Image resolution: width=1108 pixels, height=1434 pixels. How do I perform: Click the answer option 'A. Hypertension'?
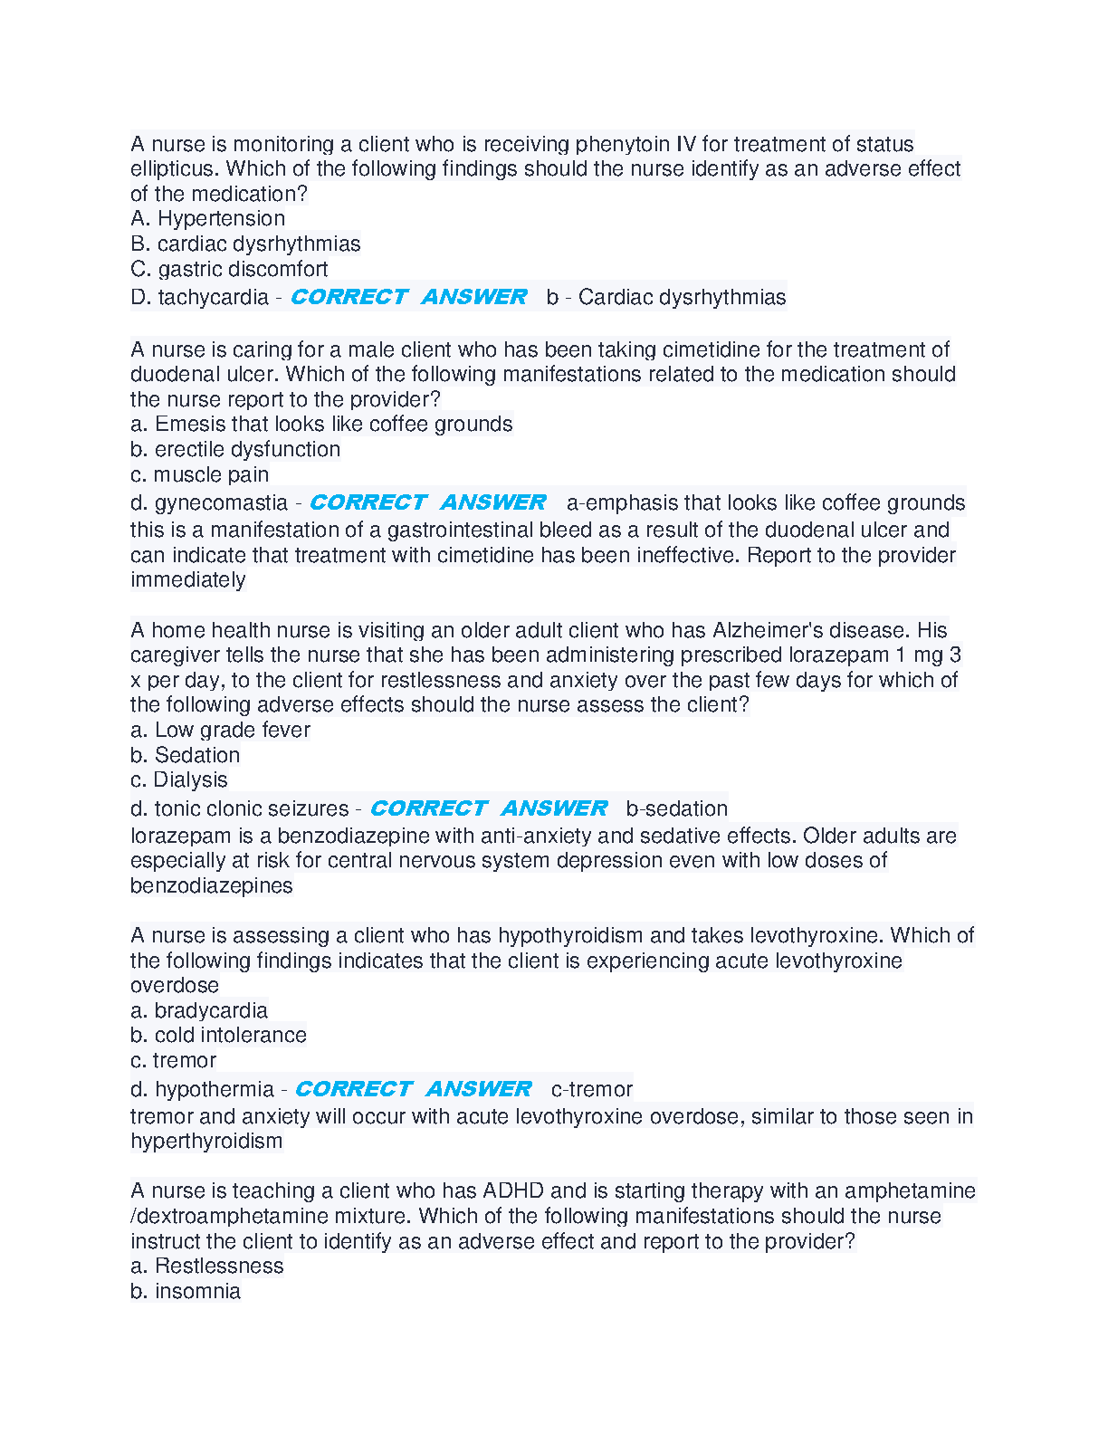pyautogui.click(x=207, y=219)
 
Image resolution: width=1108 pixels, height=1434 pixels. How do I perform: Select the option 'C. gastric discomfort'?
pyautogui.click(x=229, y=270)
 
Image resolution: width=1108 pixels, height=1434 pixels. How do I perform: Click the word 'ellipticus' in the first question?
pyautogui.click(x=174, y=169)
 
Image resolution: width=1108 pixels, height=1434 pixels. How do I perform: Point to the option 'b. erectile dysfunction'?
pyautogui.click(x=235, y=450)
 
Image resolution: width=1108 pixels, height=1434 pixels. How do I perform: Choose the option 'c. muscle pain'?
pyautogui.click(x=199, y=475)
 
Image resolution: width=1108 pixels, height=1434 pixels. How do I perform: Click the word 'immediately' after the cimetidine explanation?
pyautogui.click(x=187, y=580)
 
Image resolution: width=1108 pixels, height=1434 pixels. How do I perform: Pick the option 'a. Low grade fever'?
pyautogui.click(x=220, y=731)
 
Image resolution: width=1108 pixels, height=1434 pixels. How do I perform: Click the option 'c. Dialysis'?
pyautogui.click(x=179, y=780)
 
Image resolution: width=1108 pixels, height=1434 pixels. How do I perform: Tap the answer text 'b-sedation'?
pyautogui.click(x=677, y=809)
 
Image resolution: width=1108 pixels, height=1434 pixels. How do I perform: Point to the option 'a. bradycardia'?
pyautogui.click(x=199, y=1011)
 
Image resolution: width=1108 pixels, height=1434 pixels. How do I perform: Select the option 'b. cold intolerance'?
pyautogui.click(x=218, y=1036)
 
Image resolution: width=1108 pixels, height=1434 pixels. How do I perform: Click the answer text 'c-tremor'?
pyautogui.click(x=592, y=1090)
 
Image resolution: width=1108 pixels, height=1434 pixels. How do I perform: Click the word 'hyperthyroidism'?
pyautogui.click(x=206, y=1142)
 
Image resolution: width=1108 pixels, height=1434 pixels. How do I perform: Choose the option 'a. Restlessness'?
pyautogui.click(x=206, y=1267)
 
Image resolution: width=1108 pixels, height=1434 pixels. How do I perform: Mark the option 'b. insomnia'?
pyautogui.click(x=186, y=1292)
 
